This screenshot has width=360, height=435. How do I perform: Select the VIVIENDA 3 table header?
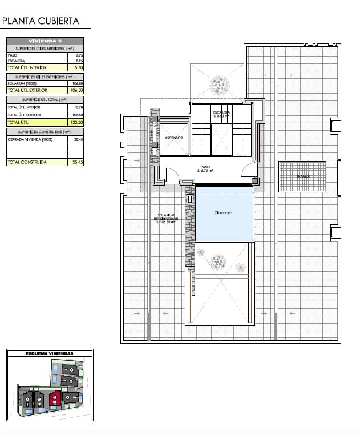pyautogui.click(x=45, y=41)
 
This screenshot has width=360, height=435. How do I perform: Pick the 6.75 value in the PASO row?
pyautogui.click(x=79, y=55)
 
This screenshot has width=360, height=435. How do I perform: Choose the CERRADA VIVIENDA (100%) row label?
pyautogui.click(x=28, y=139)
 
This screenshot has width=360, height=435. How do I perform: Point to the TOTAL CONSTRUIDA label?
pyautogui.click(x=26, y=162)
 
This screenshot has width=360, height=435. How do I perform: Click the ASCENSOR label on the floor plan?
pyautogui.click(x=173, y=139)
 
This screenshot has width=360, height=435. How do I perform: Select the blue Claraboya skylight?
pyautogui.click(x=224, y=214)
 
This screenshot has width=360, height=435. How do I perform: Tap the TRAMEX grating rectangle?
pyautogui.click(x=302, y=176)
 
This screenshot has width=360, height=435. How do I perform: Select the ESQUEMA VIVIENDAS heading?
pyautogui.click(x=50, y=354)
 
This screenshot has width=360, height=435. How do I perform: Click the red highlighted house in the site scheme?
pyautogui.click(x=55, y=398)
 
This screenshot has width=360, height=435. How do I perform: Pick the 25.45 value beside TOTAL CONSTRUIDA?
pyautogui.click(x=78, y=162)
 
